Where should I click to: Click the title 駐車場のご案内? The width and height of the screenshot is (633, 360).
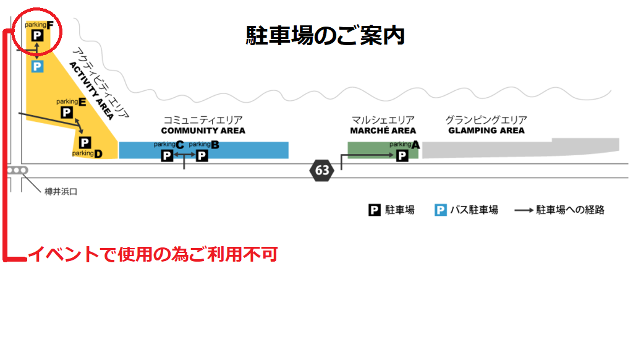[x=325, y=35]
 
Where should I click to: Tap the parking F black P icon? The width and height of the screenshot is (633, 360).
[x=37, y=36]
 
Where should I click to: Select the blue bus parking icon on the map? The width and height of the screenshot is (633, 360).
[x=37, y=66]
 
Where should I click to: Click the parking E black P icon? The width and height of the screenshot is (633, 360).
[x=66, y=112]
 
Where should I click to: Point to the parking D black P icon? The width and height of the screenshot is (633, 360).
[x=85, y=143]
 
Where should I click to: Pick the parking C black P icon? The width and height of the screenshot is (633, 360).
[x=167, y=155]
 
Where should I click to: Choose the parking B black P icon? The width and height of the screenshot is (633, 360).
[x=202, y=155]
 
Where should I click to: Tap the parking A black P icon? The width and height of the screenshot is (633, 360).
[x=402, y=155]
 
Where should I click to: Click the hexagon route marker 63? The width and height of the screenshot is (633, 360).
[x=322, y=170]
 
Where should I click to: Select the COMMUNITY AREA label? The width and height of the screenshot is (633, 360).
[x=203, y=131]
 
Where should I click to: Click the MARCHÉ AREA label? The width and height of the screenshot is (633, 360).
[x=383, y=131]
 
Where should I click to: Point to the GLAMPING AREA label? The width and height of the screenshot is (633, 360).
[x=486, y=131]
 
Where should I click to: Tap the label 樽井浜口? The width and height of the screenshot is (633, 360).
[x=61, y=192]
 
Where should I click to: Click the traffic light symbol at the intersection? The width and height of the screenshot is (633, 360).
[x=17, y=170]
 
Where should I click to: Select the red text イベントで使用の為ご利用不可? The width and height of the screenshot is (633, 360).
[x=153, y=254]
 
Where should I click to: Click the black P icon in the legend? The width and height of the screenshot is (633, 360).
[x=375, y=210]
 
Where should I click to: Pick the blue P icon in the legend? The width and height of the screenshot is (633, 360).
[x=440, y=210]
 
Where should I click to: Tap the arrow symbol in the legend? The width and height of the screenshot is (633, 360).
[x=524, y=210]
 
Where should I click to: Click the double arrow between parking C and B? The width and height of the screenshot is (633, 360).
[x=184, y=155]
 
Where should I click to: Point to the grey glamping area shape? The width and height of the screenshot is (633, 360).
[x=519, y=148]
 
